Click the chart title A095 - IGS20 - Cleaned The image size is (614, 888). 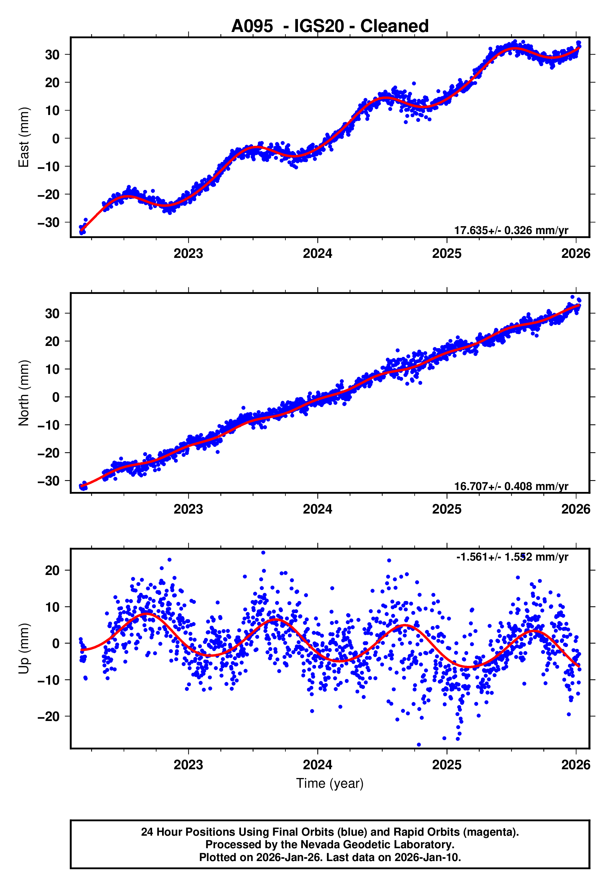point(330,26)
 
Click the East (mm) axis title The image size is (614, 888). point(24,137)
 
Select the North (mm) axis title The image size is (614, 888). point(24,393)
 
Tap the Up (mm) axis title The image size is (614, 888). point(24,649)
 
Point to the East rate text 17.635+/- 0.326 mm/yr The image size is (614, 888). point(511,230)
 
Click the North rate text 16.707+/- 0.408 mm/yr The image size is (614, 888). point(511,486)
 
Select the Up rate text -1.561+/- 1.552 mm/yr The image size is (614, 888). point(512,557)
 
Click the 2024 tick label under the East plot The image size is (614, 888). point(317,253)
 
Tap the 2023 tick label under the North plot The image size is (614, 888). point(188,509)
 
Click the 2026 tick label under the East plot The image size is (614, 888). point(576,253)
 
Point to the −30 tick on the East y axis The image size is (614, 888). point(49,222)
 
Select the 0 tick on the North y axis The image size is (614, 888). point(56,397)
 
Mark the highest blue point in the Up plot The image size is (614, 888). point(263,553)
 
